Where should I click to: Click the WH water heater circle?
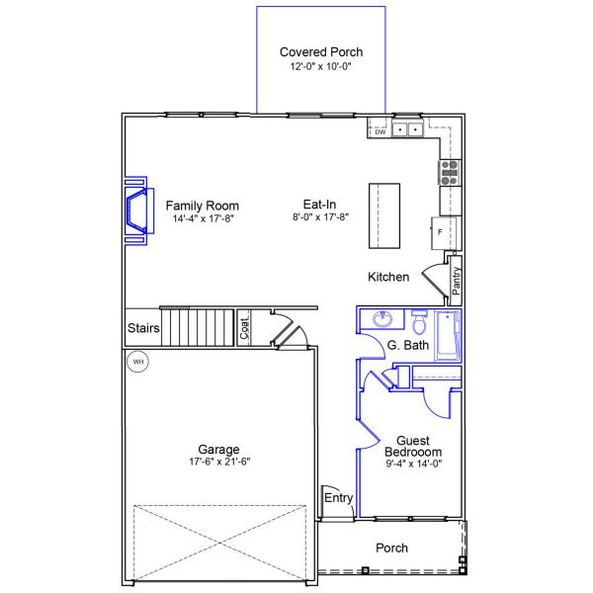[x=137, y=362]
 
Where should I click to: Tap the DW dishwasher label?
[x=381, y=132]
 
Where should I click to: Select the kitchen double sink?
[x=407, y=129]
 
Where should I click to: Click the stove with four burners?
[x=450, y=173]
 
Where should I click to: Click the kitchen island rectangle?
[x=384, y=215]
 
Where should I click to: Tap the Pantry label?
[x=456, y=281]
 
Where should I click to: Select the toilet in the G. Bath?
[x=419, y=322]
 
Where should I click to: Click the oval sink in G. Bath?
[x=382, y=319]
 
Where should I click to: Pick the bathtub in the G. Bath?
[x=448, y=335]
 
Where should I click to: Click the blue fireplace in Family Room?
[x=139, y=211]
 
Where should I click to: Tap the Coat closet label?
[x=244, y=328]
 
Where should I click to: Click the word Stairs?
[x=143, y=328]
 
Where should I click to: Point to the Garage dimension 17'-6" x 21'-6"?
[x=219, y=462]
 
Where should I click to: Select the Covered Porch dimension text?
[x=320, y=66]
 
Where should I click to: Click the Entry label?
[x=338, y=498]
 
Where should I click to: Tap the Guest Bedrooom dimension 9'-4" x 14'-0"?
[x=414, y=464]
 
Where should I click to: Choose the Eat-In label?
[x=319, y=205]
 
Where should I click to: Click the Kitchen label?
[x=388, y=277]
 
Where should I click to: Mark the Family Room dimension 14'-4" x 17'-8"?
[x=204, y=218]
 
